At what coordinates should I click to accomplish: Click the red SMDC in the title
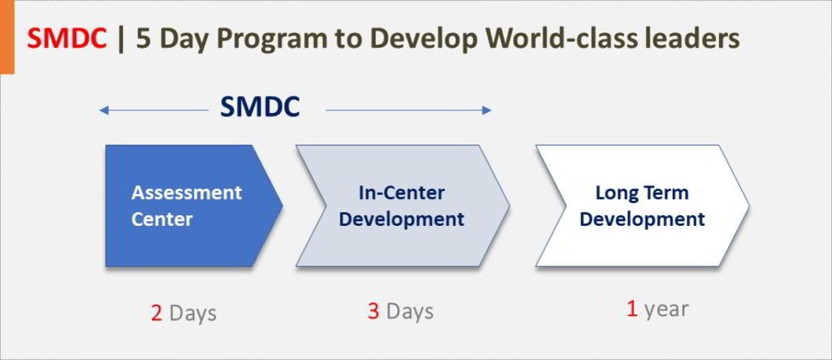point(67,39)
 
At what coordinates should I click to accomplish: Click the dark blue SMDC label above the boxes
point(260,107)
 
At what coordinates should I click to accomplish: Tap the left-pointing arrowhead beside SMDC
point(104,111)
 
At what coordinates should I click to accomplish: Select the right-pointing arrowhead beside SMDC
point(487,111)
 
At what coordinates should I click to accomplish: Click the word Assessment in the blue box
point(186,193)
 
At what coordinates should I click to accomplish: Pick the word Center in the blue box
point(162,219)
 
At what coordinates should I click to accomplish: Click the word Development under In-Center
point(401,219)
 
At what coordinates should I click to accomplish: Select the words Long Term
point(642,193)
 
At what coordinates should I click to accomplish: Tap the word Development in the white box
point(642,219)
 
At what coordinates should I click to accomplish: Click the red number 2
point(156,314)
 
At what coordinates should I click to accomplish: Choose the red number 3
point(373,311)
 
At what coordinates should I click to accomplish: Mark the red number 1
point(632,309)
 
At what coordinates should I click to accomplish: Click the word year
point(666,310)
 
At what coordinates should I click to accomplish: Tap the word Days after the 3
point(409,312)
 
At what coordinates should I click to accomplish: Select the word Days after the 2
point(193,314)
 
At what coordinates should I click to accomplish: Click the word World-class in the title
point(545,39)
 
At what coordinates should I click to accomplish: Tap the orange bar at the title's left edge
point(7,37)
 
